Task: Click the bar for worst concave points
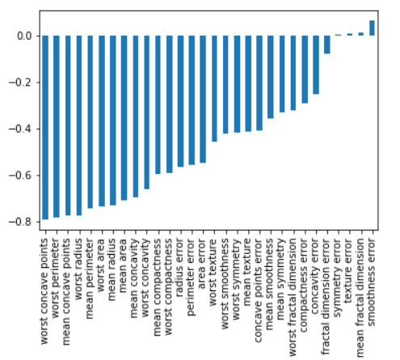pos(45,128)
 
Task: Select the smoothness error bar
pos(372,28)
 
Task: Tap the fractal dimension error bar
pos(327,44)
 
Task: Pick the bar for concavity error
pos(316,65)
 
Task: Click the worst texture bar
pos(214,89)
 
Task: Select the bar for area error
pos(203,100)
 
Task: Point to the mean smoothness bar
pos(271,77)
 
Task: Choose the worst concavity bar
pos(146,112)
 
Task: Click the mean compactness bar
pos(158,105)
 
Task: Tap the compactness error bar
pos(305,70)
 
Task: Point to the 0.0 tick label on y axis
pos(24,36)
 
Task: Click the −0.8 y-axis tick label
pos(20,222)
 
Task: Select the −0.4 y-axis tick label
pos(20,129)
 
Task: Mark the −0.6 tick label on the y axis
pos(20,176)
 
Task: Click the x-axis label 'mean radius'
pos(112,269)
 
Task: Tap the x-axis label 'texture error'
pos(348,270)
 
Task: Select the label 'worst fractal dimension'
pos(293,298)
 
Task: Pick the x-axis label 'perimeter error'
pos(191,277)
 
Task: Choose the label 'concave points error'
pos(258,290)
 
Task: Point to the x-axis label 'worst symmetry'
pos(236,279)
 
